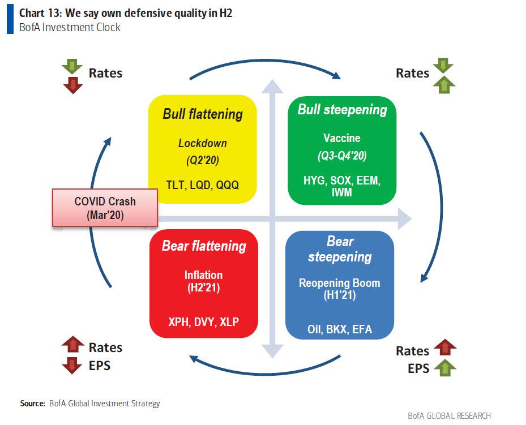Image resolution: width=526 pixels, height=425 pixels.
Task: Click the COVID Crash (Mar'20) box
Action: [105, 208]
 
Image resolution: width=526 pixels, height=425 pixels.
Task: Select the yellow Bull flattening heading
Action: [202, 114]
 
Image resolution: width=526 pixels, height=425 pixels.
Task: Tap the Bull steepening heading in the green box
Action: [342, 109]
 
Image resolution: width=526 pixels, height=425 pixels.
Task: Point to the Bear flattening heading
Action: [204, 246]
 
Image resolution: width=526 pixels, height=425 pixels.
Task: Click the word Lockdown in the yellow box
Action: [202, 143]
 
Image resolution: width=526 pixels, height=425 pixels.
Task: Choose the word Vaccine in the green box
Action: [341, 138]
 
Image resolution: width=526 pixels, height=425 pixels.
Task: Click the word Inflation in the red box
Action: [203, 275]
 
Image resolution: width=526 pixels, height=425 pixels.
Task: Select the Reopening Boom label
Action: [340, 283]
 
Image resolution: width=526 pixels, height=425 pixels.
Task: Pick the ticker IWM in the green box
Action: [341, 192]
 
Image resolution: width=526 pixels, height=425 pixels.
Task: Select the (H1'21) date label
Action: [340, 295]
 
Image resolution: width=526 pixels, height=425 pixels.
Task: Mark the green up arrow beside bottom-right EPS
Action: [445, 368]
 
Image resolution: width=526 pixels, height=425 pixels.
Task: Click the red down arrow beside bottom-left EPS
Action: [72, 366]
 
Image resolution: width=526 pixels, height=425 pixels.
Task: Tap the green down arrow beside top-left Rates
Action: [72, 67]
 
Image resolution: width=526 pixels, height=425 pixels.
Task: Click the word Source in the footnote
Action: [32, 403]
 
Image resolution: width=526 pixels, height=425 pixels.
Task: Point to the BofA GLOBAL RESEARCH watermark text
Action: [449, 415]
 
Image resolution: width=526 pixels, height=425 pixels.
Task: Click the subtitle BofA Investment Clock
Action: [70, 27]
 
